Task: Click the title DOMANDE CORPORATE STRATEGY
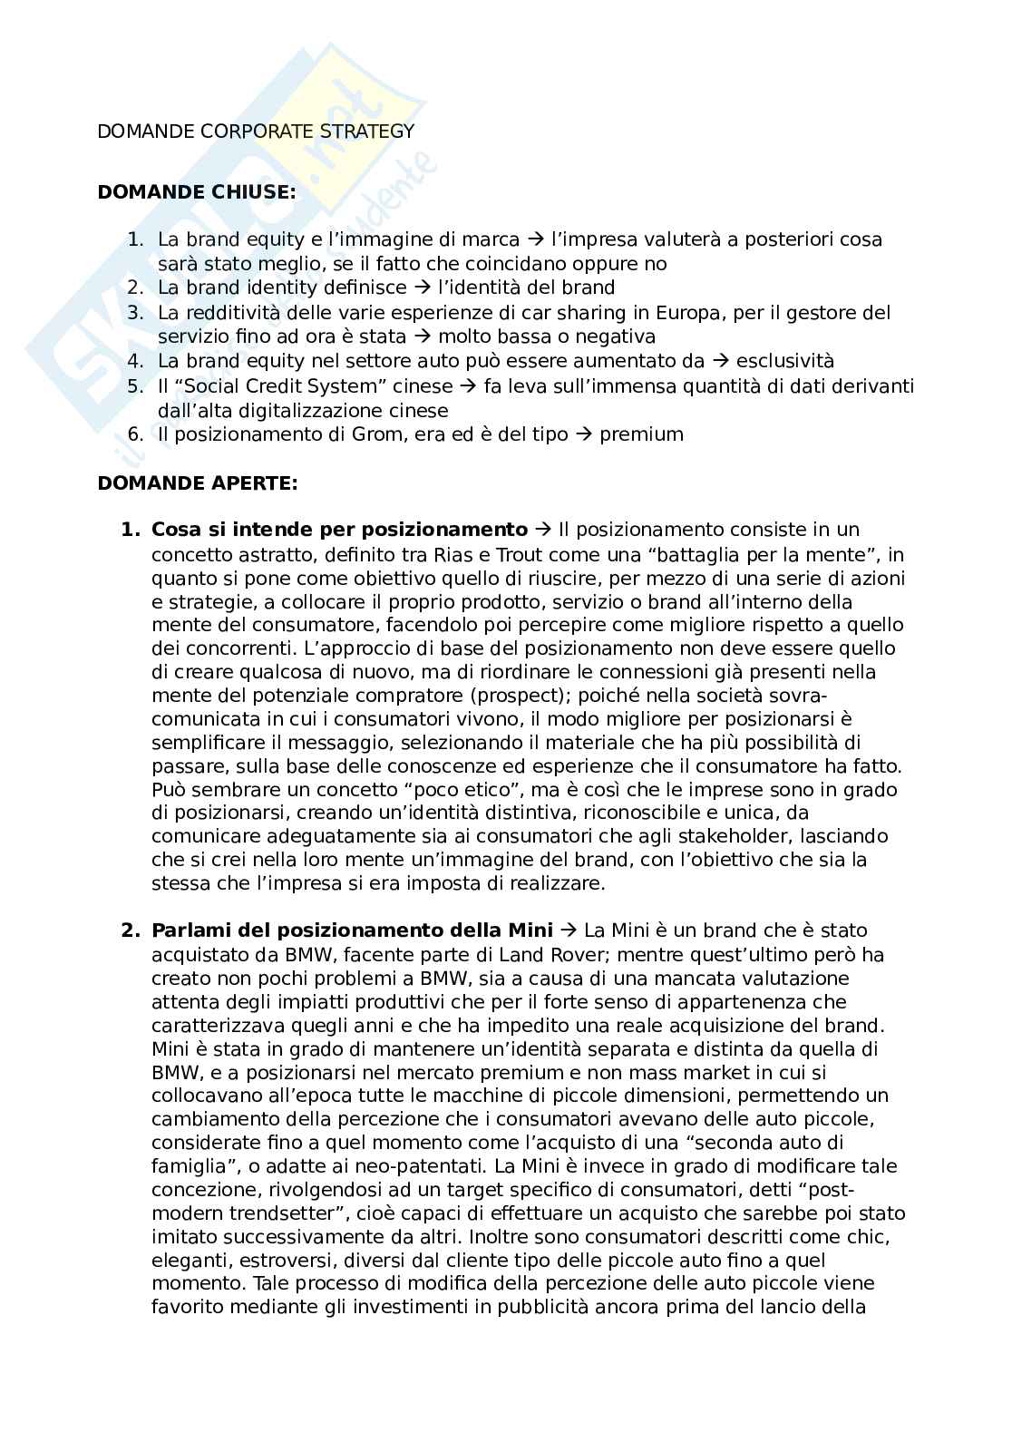coord(256,132)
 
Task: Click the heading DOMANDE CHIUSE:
coord(196,192)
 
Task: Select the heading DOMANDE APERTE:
coord(197,483)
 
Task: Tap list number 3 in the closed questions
coord(136,313)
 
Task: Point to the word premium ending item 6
coord(641,434)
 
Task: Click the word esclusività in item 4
coord(783,361)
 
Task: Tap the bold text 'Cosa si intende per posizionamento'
coord(339,530)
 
